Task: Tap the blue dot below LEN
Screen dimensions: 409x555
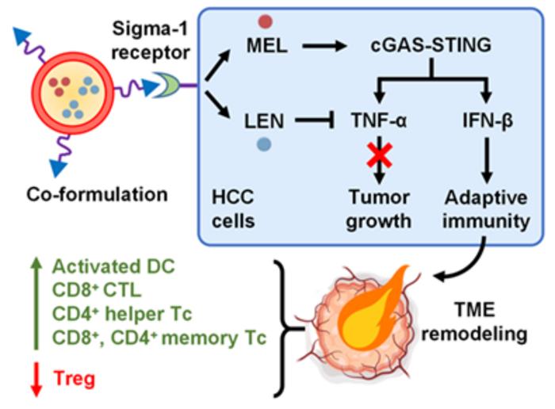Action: [x=264, y=144]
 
